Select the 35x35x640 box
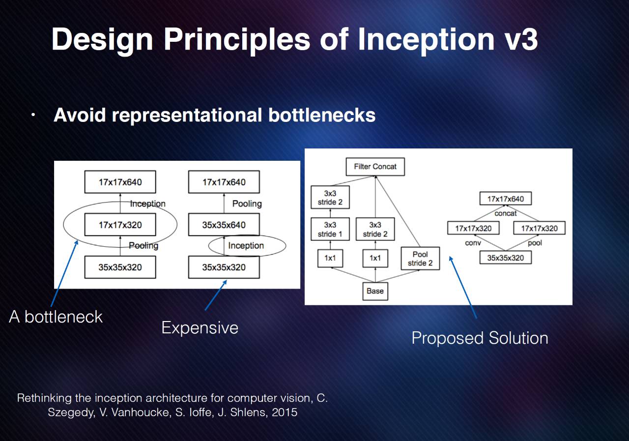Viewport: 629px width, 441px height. [x=224, y=225]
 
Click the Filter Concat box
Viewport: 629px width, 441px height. [x=375, y=167]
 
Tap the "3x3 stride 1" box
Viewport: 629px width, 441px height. [x=330, y=230]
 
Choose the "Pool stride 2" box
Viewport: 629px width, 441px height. [x=420, y=259]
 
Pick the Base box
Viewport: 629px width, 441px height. [x=375, y=291]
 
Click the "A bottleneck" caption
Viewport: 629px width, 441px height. [x=56, y=317]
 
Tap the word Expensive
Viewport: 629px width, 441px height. [x=200, y=328]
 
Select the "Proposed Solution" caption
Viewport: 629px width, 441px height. [x=480, y=338]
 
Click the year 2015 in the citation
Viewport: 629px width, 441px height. [x=285, y=412]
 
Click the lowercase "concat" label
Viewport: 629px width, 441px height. [x=506, y=213]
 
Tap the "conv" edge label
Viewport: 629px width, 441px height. [x=473, y=243]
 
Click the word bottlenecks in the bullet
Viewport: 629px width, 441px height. [x=321, y=115]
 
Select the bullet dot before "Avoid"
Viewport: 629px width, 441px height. [x=33, y=115]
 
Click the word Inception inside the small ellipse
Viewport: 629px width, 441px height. [x=246, y=246]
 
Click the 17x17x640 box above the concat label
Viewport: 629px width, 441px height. [x=506, y=199]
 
